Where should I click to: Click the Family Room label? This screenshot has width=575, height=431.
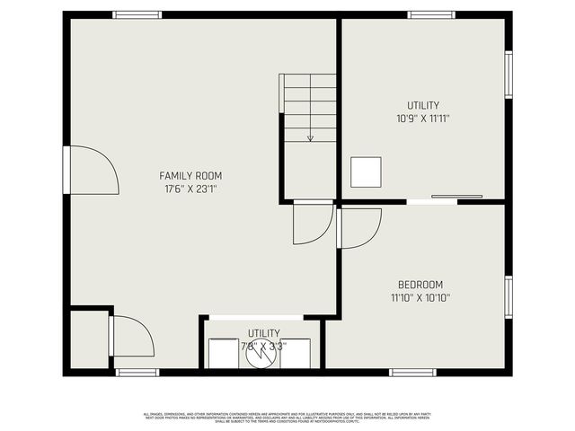coord(190,175)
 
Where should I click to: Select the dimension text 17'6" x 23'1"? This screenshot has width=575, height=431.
coord(190,189)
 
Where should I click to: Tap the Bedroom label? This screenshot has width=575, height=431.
coord(420,285)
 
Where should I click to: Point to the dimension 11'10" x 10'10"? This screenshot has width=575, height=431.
coord(420,298)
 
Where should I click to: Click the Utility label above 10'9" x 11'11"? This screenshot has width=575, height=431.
coord(423,105)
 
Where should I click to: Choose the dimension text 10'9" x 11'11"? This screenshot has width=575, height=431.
coord(423,118)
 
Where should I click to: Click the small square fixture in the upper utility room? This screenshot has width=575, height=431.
coord(366,172)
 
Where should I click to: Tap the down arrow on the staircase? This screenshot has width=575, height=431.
coord(310,137)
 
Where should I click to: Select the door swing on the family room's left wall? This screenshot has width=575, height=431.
coord(93,171)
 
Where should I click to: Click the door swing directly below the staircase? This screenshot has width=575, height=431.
coord(313,223)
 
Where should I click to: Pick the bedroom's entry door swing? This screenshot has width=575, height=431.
coord(360,227)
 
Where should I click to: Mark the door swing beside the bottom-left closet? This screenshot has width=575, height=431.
coord(131,336)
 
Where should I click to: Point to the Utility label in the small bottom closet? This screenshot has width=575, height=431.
coord(263,333)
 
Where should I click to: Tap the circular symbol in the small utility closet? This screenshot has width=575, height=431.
coord(260,353)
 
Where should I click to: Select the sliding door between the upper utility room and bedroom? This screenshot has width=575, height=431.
coord(456,197)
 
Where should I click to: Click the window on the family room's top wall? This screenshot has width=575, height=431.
coord(137,14)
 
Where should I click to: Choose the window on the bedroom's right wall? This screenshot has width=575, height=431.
coord(509,297)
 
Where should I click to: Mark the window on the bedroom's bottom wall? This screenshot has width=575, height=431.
coord(412,372)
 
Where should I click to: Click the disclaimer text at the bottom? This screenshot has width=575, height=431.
coord(287,417)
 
